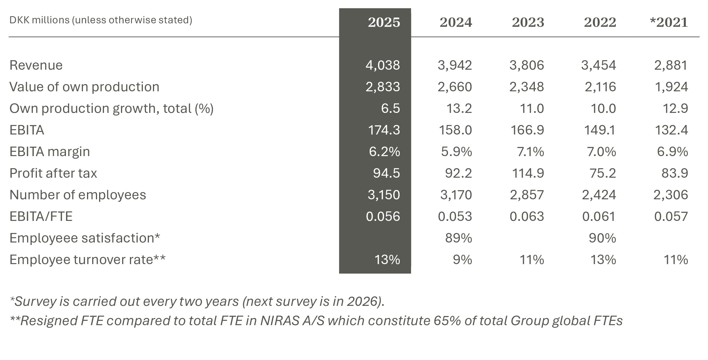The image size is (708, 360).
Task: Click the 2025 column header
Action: tap(384, 22)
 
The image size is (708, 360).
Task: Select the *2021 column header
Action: tap(669, 22)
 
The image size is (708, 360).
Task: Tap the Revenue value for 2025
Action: tap(383, 65)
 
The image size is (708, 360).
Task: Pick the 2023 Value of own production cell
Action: tap(527, 87)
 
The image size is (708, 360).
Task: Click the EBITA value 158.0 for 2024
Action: tap(455, 130)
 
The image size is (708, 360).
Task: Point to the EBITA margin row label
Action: tap(50, 151)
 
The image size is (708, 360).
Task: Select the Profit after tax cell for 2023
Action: tap(528, 173)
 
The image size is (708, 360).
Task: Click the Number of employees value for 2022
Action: tap(599, 195)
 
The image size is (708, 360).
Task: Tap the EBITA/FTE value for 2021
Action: tap(671, 216)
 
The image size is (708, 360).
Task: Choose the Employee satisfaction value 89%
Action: tap(458, 238)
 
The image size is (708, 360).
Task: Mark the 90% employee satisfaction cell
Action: tap(602, 238)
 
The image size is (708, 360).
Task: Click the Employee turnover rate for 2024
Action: tap(462, 259)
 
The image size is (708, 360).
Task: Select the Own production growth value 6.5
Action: tap(390, 108)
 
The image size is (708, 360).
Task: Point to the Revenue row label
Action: tap(36, 65)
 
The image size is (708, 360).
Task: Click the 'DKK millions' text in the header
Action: tap(39, 20)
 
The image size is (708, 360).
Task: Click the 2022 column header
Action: tap(600, 22)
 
